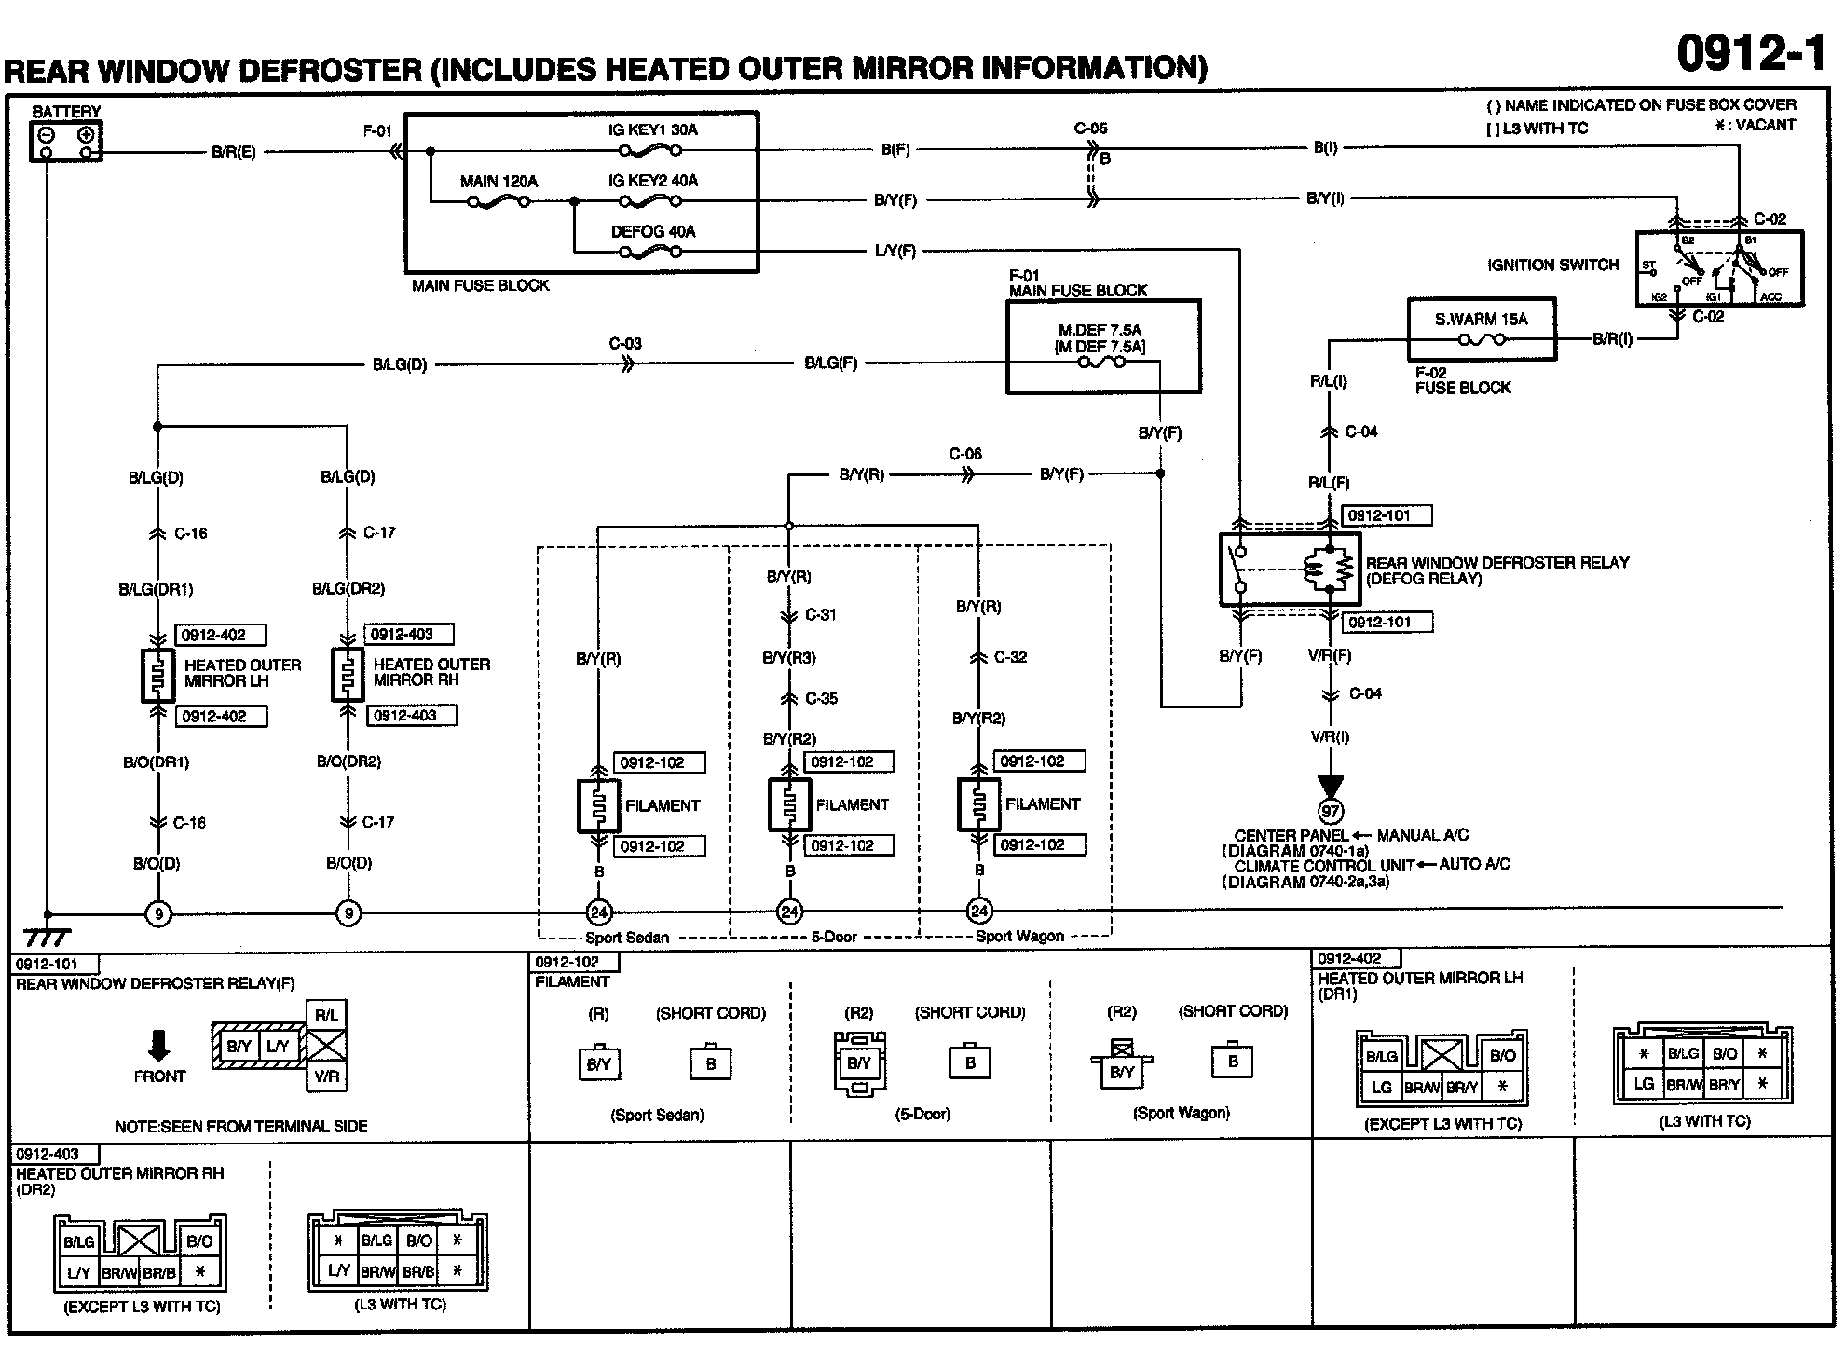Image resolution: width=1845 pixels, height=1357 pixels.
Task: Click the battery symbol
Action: pos(66,141)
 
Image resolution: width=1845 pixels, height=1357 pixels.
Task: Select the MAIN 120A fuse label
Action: pos(499,182)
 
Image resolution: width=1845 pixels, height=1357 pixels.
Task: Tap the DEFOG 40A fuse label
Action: pos(653,231)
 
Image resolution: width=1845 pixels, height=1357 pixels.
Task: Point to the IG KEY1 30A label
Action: pos(652,130)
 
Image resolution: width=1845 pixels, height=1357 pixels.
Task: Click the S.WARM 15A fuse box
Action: pos(1481,329)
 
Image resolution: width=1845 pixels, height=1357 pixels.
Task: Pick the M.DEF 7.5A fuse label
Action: pos(1100,330)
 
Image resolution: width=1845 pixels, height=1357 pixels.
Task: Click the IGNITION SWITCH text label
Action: pos(1552,266)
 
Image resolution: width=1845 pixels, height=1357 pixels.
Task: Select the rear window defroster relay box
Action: pos(1291,569)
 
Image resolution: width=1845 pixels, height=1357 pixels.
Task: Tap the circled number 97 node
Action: pos(1330,812)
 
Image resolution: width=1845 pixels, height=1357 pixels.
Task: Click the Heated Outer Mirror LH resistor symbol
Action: pos(158,675)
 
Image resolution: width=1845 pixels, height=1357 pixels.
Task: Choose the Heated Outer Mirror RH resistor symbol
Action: pos(348,675)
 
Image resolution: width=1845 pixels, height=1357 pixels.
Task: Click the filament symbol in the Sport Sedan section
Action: pos(598,805)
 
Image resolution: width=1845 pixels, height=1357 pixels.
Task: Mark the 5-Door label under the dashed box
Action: pos(834,937)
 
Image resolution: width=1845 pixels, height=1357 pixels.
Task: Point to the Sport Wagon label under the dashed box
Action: pos(1019,936)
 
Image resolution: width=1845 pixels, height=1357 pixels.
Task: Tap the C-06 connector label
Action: pos(965,454)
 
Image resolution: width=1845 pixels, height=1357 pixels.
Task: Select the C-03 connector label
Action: pos(625,344)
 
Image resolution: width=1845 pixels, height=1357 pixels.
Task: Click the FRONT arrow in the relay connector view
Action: pos(159,1046)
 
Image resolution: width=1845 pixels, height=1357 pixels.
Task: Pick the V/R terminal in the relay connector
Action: pos(326,1076)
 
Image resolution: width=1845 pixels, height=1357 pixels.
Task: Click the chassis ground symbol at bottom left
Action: pos(47,936)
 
